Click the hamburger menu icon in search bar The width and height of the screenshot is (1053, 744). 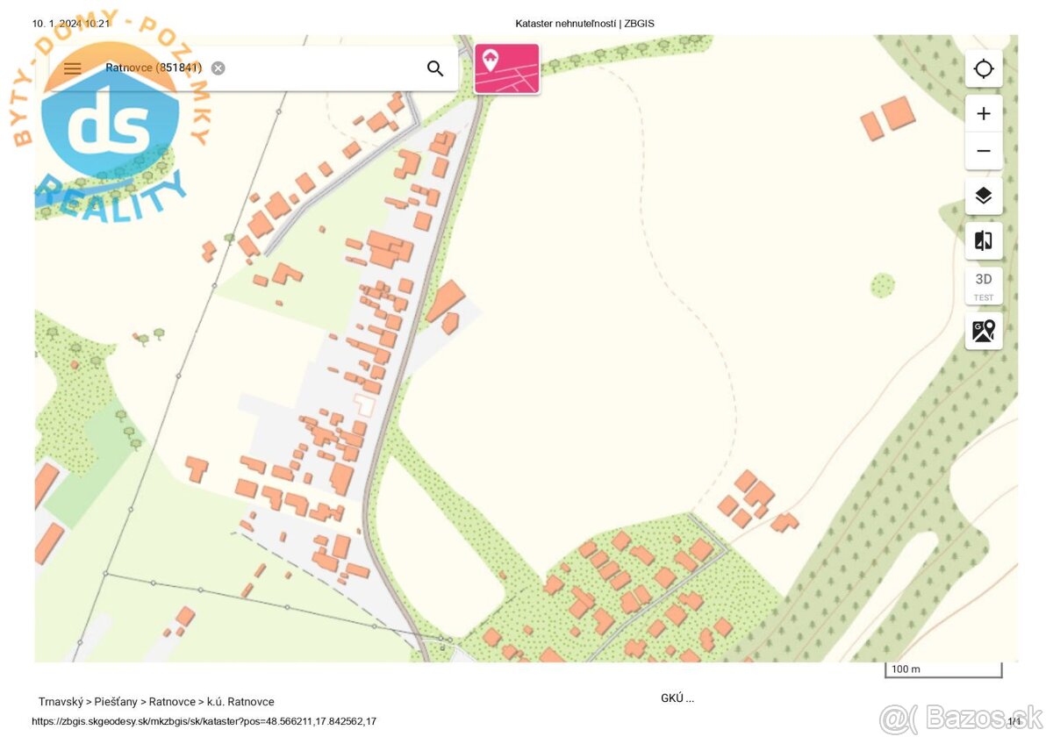click(72, 68)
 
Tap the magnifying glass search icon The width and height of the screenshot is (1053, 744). click(435, 68)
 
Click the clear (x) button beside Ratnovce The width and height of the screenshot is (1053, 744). click(218, 68)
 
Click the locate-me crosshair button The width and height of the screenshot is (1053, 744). click(984, 68)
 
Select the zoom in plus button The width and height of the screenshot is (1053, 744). click(984, 113)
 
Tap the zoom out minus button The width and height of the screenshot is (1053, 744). click(984, 151)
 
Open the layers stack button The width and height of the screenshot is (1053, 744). click(984, 196)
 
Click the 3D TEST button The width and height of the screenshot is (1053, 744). click(984, 285)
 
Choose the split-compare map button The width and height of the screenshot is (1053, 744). click(984, 240)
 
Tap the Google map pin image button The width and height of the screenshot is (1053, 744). click(984, 331)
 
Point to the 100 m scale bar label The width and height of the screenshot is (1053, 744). click(906, 669)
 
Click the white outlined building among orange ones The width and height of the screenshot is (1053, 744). click(363, 405)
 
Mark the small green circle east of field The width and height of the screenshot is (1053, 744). click(883, 285)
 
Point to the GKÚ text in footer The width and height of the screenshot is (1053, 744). click(677, 698)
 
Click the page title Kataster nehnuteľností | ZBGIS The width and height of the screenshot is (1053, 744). click(584, 24)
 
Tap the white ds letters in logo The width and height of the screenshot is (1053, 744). click(110, 127)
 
